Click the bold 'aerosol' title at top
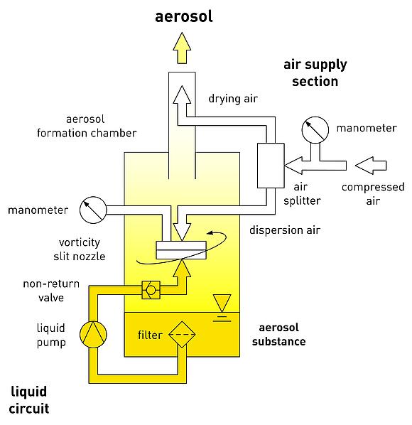click(x=184, y=16)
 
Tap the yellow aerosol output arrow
click(x=182, y=48)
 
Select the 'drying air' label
click(x=233, y=99)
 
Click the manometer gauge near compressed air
click(x=315, y=130)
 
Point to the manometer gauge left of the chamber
click(x=93, y=210)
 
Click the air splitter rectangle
click(x=271, y=166)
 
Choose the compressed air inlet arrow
click(x=371, y=166)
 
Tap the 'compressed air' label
click(x=373, y=194)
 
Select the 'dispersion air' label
click(x=285, y=230)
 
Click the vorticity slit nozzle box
click(x=181, y=250)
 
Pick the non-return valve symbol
click(x=151, y=290)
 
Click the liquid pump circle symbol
click(x=93, y=335)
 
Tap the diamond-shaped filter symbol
click(x=182, y=334)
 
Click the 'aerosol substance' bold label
click(x=278, y=335)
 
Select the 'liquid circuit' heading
click(x=29, y=400)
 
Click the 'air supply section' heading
click(x=315, y=73)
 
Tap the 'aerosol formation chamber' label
click(x=87, y=126)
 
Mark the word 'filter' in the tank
click(x=150, y=335)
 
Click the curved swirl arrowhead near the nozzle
click(x=210, y=232)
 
